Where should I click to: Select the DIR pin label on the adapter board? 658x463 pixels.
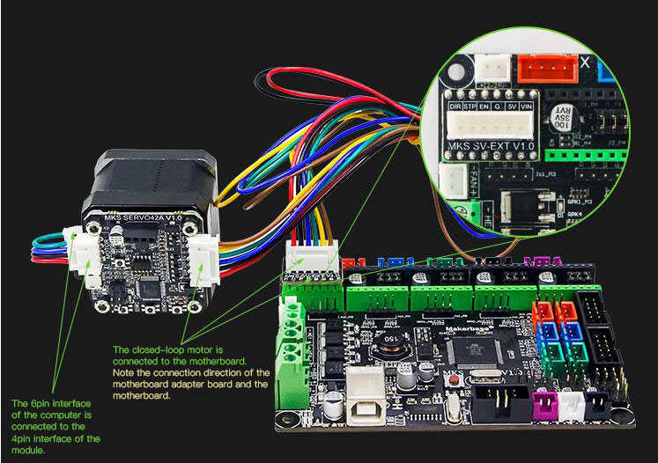pyautogui.click(x=455, y=106)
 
